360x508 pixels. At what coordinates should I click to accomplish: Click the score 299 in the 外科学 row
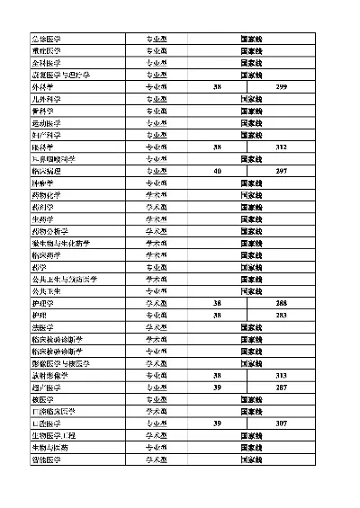pos(282,86)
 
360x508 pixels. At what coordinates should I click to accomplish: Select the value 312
pos(282,147)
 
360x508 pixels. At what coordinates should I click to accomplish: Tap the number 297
pos(282,171)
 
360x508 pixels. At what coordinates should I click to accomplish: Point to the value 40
pos(217,171)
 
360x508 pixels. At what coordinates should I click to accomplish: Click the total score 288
pos(282,303)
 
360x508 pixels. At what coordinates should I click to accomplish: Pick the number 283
pos(282,316)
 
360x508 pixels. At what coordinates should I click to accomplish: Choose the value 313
pos(282,375)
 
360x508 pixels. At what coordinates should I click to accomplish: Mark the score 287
pos(282,388)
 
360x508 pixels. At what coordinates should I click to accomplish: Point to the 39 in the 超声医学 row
pos(217,388)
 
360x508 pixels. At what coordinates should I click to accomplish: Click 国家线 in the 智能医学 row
pos(251,459)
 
